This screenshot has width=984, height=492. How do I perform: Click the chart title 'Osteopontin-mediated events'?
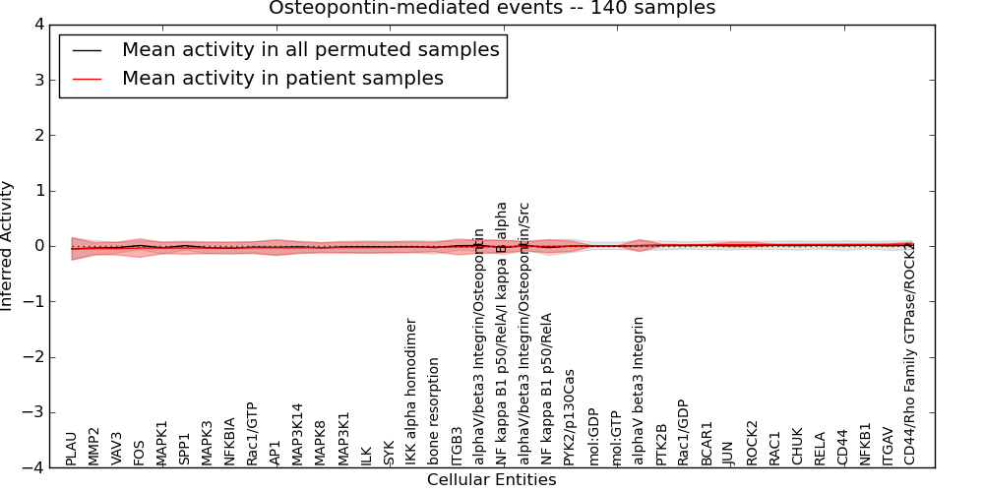pos(491,9)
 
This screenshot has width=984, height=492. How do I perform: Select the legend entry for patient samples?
pos(282,78)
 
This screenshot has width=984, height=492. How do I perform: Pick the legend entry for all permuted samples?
pos(310,49)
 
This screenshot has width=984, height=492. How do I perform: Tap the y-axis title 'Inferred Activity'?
pos(8,246)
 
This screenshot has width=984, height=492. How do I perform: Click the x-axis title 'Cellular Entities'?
pos(491,480)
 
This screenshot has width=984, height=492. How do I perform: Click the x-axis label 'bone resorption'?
pos(434,412)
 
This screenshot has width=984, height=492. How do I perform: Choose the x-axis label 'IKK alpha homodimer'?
pos(411,392)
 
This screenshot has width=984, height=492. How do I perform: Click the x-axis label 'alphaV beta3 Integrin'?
pos(639,391)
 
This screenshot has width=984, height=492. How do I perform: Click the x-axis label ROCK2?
pos(753,443)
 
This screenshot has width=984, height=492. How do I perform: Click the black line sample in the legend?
pos(88,50)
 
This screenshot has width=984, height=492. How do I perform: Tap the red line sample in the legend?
pos(88,79)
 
